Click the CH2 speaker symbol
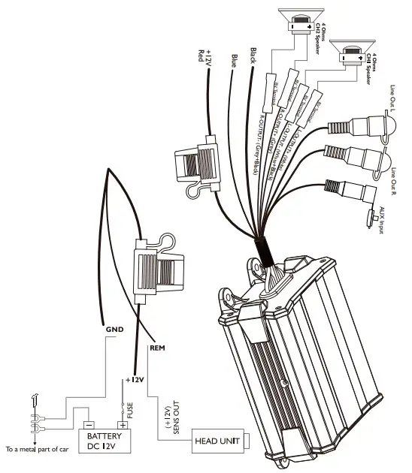click(x=350, y=57)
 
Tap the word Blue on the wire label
click(x=235, y=60)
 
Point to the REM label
click(x=158, y=348)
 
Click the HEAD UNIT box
click(x=217, y=441)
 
